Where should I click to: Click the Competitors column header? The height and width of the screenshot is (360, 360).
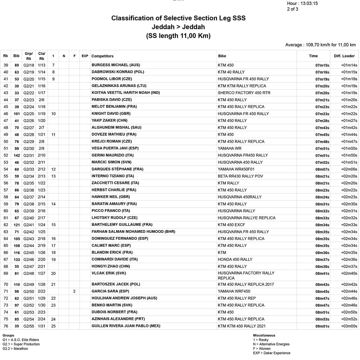(102, 56)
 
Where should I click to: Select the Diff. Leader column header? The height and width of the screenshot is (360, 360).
(344, 56)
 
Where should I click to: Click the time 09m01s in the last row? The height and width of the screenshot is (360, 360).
(322, 326)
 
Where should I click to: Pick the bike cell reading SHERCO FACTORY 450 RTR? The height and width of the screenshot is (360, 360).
(244, 93)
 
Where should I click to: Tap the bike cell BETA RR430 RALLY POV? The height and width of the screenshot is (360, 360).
(240, 176)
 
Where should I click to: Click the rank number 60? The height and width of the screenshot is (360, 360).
(6, 211)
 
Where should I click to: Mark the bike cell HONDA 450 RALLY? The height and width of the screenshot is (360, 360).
(235, 259)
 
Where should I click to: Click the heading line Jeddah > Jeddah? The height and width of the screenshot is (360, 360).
(178, 27)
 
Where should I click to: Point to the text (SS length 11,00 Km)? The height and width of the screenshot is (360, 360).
(178, 36)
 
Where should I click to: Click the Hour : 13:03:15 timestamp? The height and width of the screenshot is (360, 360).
(302, 4)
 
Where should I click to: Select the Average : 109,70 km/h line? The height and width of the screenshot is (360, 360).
(320, 45)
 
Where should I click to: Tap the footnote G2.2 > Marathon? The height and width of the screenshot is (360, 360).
(15, 349)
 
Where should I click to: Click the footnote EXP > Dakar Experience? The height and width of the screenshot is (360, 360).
(271, 353)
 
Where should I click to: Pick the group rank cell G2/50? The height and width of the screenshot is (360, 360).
(29, 291)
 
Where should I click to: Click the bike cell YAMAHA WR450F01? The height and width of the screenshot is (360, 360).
(236, 169)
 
